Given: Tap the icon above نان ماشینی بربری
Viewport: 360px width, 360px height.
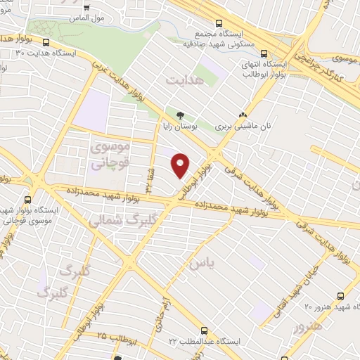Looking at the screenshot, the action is (243, 115).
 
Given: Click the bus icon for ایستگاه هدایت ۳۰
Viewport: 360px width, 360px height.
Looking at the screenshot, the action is (46, 42).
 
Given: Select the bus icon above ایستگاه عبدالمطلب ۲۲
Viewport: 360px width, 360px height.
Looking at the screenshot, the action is (204, 329).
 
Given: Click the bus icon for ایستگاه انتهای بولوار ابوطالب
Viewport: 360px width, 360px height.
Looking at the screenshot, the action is (264, 53).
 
